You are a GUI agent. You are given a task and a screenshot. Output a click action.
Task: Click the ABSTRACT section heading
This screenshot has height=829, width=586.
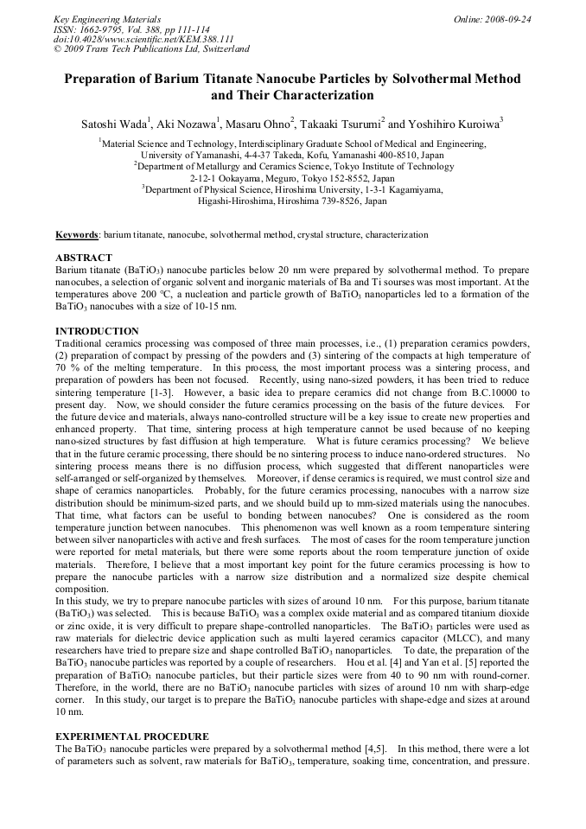(84, 258)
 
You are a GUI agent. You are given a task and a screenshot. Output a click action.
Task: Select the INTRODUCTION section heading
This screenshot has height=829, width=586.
(97, 331)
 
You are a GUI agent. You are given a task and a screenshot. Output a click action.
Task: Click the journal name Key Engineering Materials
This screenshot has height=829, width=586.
(107, 18)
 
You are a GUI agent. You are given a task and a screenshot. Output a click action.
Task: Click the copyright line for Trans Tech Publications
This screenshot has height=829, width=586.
(151, 49)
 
